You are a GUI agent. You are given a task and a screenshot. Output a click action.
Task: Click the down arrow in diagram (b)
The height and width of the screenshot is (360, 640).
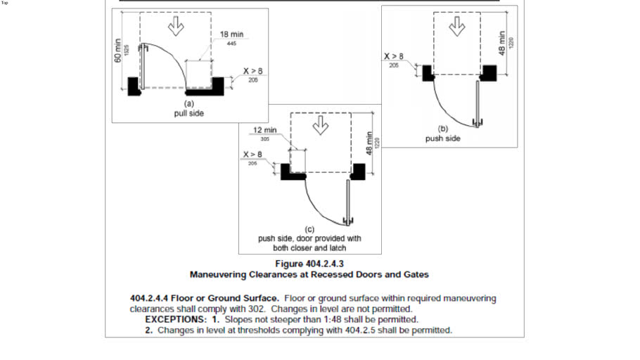pos(458,26)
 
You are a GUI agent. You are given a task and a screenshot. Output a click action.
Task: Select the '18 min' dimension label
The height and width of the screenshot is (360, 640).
pos(232,34)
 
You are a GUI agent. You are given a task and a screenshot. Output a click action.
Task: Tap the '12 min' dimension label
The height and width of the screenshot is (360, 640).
pos(265,130)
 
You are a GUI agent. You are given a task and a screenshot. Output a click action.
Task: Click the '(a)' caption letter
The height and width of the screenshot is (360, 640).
pos(188,103)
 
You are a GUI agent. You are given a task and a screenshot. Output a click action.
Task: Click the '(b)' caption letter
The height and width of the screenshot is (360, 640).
pos(443,129)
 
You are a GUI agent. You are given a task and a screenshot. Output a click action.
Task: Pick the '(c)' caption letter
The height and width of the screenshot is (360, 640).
pos(309,229)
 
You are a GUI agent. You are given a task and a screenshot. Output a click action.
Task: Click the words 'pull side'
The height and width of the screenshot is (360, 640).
pos(188,112)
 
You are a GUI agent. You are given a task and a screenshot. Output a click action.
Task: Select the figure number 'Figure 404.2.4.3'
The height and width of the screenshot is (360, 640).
pos(309,264)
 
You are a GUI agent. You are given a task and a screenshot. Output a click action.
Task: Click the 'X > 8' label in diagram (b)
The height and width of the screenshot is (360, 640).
pos(393,56)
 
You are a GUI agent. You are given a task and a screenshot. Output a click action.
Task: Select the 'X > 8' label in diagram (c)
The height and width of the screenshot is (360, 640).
pos(252,154)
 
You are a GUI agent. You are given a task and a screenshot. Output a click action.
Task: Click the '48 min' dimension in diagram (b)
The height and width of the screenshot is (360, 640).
pos(502,41)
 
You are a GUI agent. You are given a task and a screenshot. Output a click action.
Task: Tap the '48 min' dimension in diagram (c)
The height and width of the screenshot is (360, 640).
pos(368,144)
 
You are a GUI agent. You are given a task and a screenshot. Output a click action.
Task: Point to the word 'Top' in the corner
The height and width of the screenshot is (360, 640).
pos(5,3)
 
